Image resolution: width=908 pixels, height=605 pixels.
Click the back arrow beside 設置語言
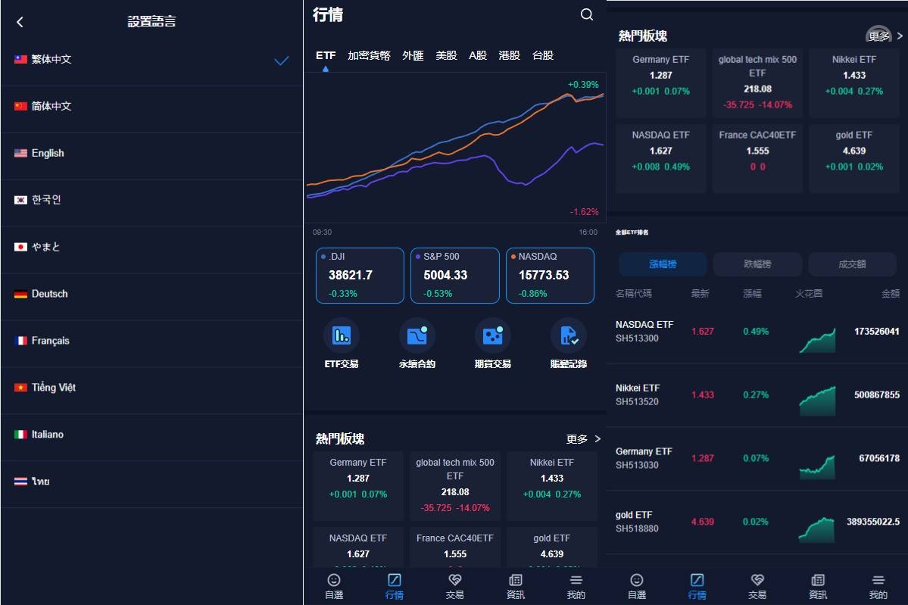20,22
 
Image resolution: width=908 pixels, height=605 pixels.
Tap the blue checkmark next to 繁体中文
282,61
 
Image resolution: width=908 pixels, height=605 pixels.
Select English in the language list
48,153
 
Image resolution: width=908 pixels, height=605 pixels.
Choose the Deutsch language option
49,294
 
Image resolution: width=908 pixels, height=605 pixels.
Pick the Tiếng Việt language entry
53,388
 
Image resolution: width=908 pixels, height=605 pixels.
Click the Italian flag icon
20,435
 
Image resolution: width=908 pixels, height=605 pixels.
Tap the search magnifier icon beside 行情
587,14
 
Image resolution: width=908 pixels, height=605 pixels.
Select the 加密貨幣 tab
369,55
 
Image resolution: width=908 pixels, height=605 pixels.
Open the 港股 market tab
510,55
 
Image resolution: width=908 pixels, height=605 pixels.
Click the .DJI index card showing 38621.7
360,276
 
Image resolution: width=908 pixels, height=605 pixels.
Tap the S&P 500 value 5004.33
445,275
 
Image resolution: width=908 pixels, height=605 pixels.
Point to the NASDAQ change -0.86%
532,294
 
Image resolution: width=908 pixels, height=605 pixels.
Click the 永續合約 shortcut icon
417,335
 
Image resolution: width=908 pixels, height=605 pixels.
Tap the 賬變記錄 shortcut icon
569,335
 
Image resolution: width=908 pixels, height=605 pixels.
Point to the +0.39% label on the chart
583,85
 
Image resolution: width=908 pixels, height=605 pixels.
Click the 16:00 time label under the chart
588,232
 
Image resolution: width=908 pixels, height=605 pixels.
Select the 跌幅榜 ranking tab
757,264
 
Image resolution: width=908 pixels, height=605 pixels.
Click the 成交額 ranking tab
852,264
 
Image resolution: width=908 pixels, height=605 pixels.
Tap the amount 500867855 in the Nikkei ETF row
876,395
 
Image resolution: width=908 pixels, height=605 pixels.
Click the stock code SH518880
637,529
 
